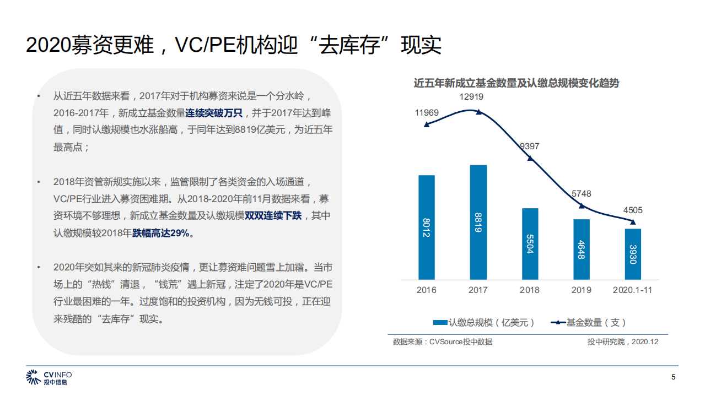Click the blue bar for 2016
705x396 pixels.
[426, 227]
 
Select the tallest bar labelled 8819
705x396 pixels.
[478, 222]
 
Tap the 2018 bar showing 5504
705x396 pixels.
[530, 243]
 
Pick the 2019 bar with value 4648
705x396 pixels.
[581, 249]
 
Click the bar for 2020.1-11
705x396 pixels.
[633, 254]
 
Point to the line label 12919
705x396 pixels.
[471, 97]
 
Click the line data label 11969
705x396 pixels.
[426, 113]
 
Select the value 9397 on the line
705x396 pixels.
[530, 147]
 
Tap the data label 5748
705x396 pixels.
[581, 193]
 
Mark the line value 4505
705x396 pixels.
[633, 210]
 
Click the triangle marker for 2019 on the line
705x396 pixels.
[581, 206]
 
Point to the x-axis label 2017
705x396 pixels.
[478, 290]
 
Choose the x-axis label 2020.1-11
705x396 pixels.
[633, 290]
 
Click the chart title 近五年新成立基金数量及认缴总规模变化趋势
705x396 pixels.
[516, 83]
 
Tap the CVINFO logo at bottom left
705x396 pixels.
[49, 378]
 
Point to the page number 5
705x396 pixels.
[673, 377]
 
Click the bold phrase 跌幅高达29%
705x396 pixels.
[163, 233]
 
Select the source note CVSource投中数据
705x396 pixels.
[442, 342]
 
